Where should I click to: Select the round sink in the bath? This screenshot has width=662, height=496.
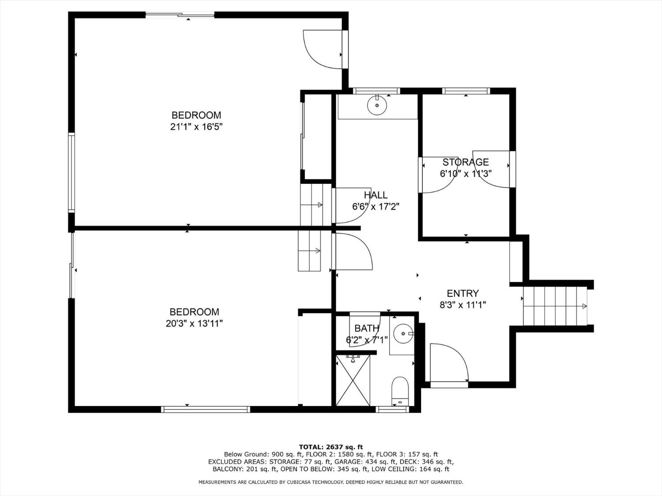pyautogui.click(x=403, y=334)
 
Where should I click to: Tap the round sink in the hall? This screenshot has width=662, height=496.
pyautogui.click(x=377, y=105)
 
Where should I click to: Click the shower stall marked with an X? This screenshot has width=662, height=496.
pyautogui.click(x=353, y=380)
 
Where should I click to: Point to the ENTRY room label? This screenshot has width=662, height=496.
pyautogui.click(x=463, y=293)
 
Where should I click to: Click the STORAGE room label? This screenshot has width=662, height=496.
pyautogui.click(x=465, y=162)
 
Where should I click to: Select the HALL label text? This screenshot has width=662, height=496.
pyautogui.click(x=376, y=195)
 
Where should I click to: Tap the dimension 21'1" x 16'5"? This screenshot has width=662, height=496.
pyautogui.click(x=196, y=127)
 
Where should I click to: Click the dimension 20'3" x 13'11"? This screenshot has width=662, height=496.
pyautogui.click(x=194, y=324)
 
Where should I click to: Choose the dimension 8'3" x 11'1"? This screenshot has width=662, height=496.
pyautogui.click(x=463, y=305)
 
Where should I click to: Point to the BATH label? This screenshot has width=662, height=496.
pyautogui.click(x=367, y=328)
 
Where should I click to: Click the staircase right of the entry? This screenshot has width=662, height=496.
pyautogui.click(x=555, y=306)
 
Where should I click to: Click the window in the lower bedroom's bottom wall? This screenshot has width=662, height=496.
pyautogui.click(x=205, y=409)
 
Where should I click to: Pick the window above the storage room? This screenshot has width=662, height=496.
pyautogui.click(x=466, y=91)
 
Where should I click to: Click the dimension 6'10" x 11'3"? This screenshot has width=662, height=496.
pyautogui.click(x=466, y=174)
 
